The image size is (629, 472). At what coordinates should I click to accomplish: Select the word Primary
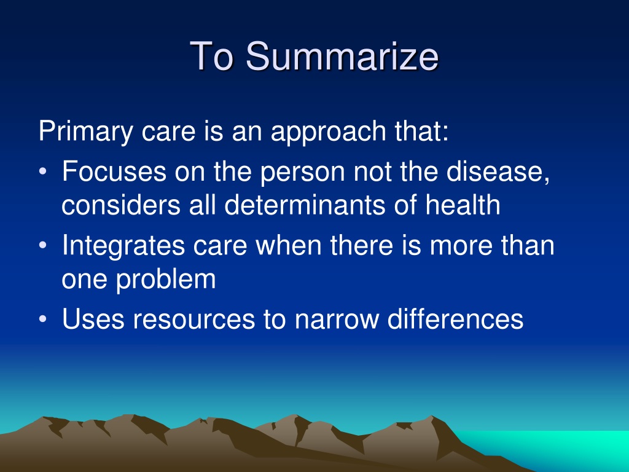click(x=86, y=132)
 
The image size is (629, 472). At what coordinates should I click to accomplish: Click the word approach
click(x=328, y=132)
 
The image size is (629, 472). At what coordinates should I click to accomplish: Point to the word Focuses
click(x=114, y=171)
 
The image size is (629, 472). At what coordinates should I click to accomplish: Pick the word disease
click(x=498, y=171)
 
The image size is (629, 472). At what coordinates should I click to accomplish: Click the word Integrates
click(x=123, y=246)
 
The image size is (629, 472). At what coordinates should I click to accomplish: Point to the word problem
click(x=166, y=280)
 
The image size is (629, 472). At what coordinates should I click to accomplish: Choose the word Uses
click(x=93, y=319)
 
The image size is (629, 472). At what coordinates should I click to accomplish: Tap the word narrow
click(x=337, y=320)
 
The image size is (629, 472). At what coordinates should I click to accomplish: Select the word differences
click(x=455, y=319)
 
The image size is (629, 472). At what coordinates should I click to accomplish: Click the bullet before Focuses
click(x=43, y=171)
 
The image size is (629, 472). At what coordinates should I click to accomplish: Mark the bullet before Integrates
click(x=43, y=245)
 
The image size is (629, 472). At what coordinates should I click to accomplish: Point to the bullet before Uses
click(x=43, y=319)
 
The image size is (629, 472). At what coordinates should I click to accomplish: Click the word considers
click(x=121, y=205)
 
